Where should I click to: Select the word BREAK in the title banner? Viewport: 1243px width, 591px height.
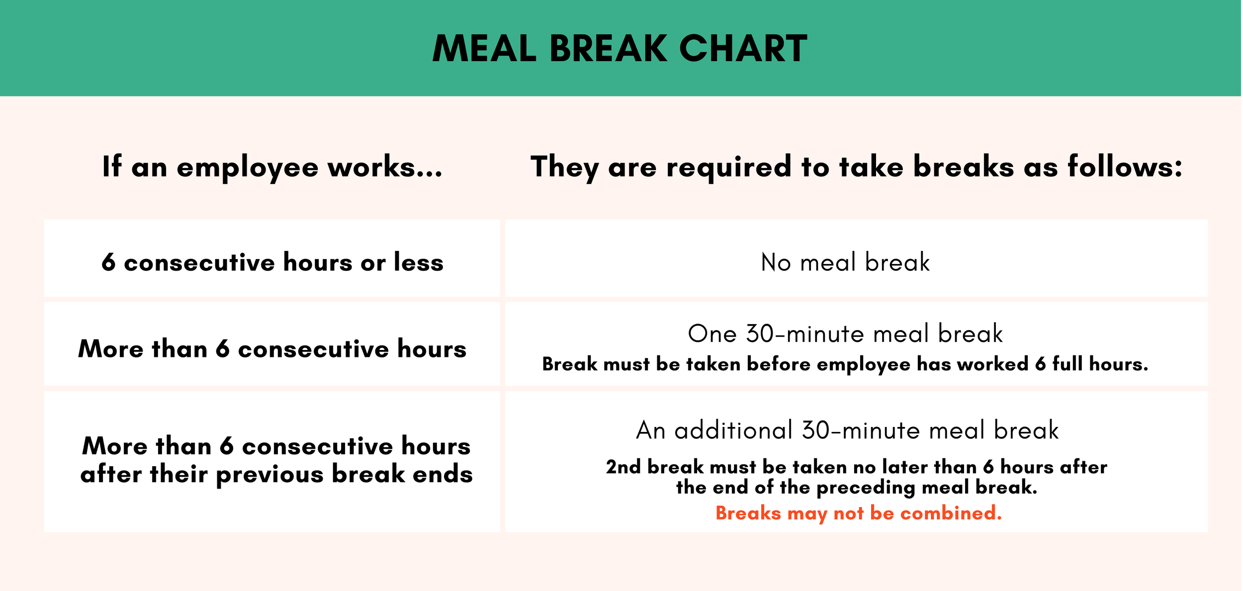point(609,49)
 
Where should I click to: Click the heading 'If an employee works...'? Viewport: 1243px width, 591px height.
point(272,167)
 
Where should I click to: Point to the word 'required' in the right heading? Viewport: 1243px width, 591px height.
point(728,167)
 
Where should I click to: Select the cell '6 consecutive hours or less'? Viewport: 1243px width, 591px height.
point(272,262)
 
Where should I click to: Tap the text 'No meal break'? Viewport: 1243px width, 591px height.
point(845,262)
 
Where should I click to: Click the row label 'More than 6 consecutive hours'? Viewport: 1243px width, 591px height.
point(272,348)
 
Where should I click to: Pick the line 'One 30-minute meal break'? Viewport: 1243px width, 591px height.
point(845,334)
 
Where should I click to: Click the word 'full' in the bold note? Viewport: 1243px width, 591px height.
point(1067,364)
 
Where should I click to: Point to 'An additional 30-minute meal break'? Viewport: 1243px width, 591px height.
point(847,430)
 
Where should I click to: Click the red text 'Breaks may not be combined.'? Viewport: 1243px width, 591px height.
point(858,513)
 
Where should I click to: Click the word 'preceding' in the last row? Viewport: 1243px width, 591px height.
point(866,488)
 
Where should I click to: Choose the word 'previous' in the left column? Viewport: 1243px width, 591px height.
point(270,474)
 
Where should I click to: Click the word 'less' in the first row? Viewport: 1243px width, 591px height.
point(418,262)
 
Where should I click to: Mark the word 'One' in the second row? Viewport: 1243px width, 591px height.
point(712,334)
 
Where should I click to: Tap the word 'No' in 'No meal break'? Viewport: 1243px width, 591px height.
point(776,262)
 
